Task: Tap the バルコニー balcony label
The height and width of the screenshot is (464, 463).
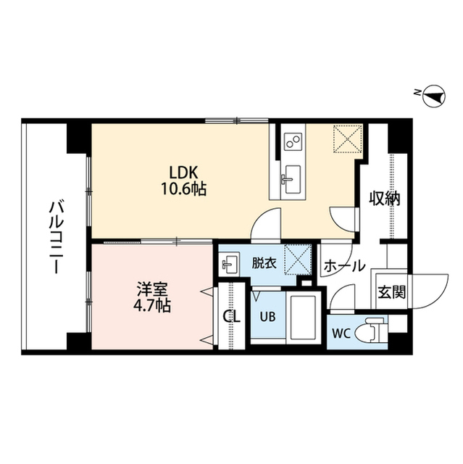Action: pos(54,236)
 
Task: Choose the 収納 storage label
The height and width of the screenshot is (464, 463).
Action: pos(384,198)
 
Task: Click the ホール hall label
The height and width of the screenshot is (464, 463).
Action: pos(344,267)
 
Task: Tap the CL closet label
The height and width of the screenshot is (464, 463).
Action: pos(231,317)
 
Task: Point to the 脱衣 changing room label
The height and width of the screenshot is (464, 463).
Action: pos(263,263)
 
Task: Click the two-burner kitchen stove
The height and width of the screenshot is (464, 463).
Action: pos(293,140)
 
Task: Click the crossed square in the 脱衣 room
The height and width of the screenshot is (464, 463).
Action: pos(296,259)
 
